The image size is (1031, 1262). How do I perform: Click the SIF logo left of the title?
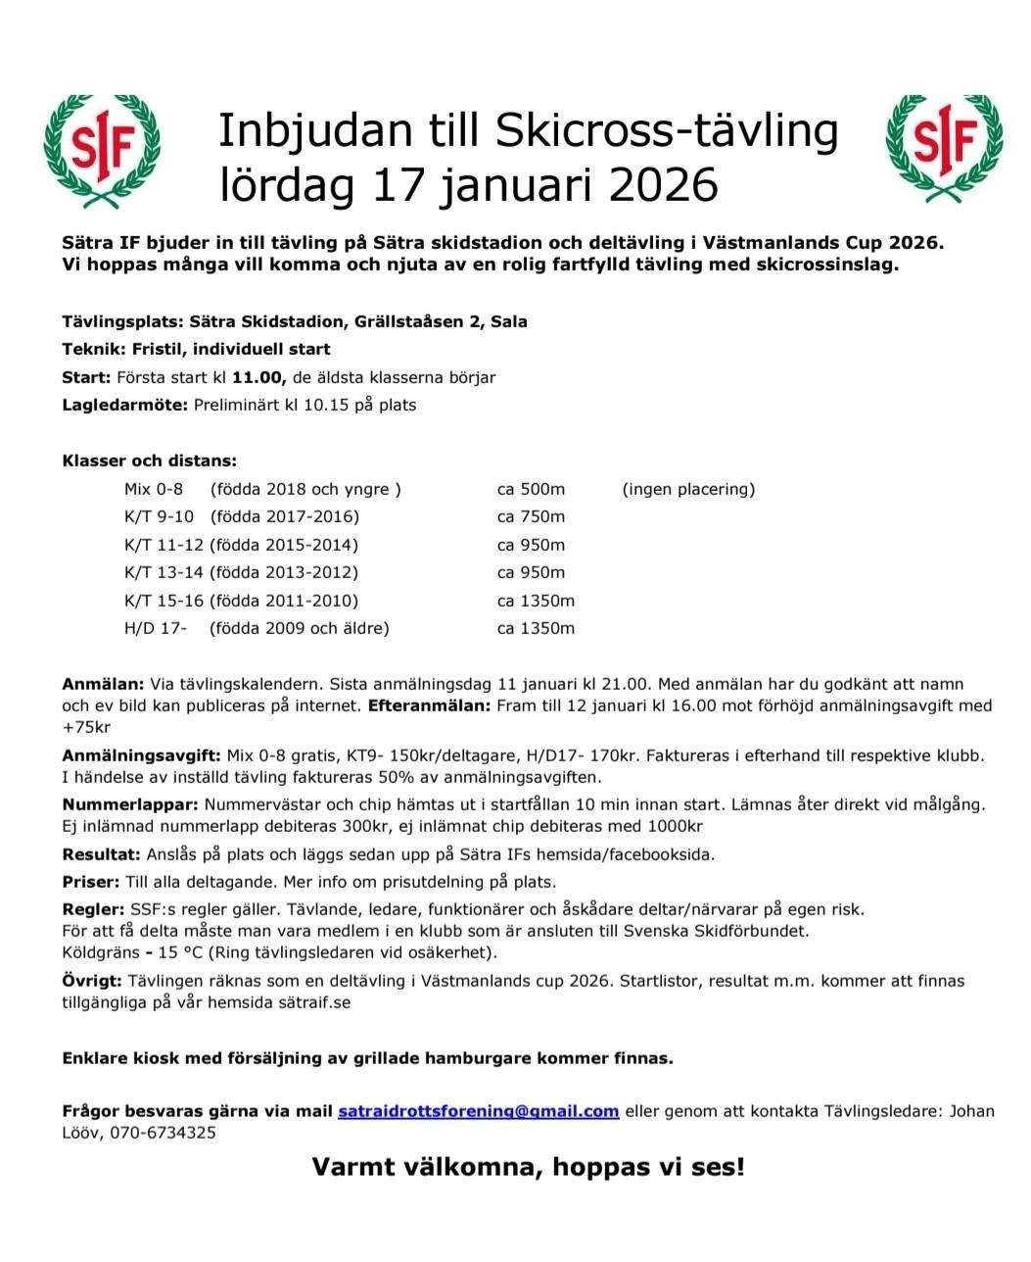103,151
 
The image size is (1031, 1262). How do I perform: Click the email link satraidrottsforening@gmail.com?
478,1111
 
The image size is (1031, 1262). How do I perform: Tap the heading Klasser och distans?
150,461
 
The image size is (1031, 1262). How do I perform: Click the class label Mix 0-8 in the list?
154,489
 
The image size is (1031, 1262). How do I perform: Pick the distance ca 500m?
531,489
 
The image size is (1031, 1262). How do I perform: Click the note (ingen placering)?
688,489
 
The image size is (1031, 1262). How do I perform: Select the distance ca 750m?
531,516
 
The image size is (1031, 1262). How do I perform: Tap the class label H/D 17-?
155,628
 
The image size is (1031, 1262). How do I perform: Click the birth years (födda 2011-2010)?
284,601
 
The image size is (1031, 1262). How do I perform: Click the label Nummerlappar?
131,804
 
